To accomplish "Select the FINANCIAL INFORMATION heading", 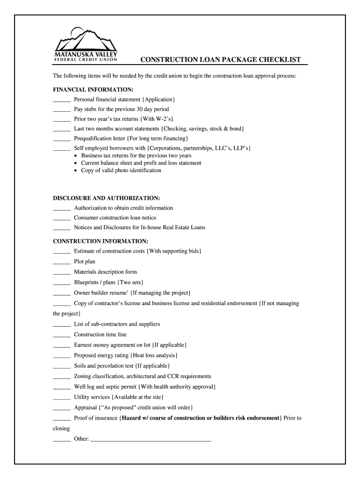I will (x=93, y=89).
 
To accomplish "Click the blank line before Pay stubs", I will (x=61, y=110).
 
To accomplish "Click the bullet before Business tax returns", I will (x=76, y=156).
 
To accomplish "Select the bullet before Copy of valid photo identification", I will (x=76, y=171).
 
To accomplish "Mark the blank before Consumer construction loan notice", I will (x=61, y=219).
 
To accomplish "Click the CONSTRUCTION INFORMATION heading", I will (x=101, y=241).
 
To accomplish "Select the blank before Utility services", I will (x=61, y=398).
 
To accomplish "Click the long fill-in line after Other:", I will (x=151, y=440).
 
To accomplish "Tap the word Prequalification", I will (x=94, y=138).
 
